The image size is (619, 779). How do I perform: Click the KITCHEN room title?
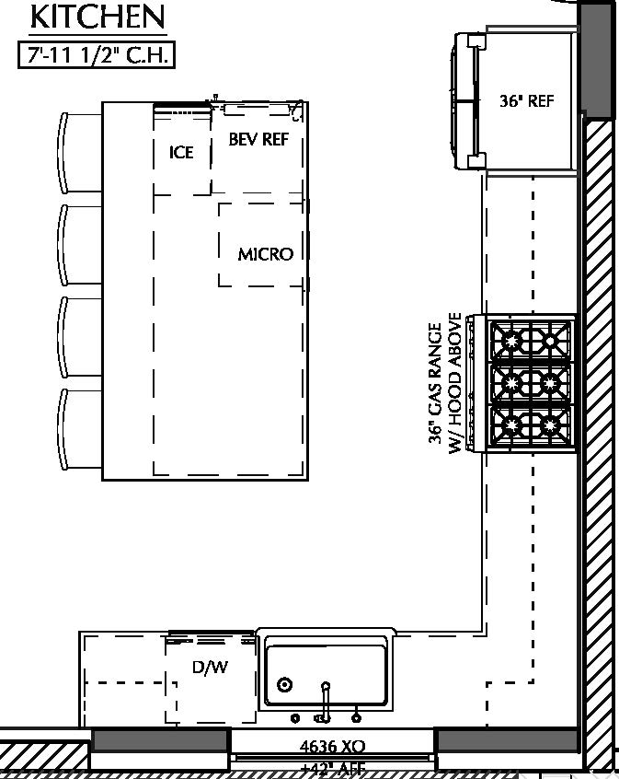click(x=97, y=17)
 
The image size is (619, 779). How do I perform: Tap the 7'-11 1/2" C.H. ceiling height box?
click(x=96, y=54)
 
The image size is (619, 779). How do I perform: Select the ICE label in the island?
click(x=181, y=152)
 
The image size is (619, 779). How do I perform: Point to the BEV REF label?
click(x=258, y=139)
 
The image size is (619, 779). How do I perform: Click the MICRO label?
click(x=265, y=254)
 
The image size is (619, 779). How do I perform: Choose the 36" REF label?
click(x=527, y=101)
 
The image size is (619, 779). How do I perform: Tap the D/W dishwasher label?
click(x=210, y=668)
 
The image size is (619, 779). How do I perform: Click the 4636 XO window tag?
click(x=332, y=746)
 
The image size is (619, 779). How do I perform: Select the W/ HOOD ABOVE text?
click(x=456, y=383)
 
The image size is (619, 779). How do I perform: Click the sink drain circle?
click(x=285, y=684)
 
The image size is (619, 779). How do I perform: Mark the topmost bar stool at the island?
click(x=81, y=153)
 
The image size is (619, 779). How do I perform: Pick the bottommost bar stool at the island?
click(x=81, y=429)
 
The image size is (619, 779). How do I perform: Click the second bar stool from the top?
click(x=81, y=245)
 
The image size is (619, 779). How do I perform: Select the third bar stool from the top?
click(x=81, y=337)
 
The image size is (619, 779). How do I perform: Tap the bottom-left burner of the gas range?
click(x=509, y=425)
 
